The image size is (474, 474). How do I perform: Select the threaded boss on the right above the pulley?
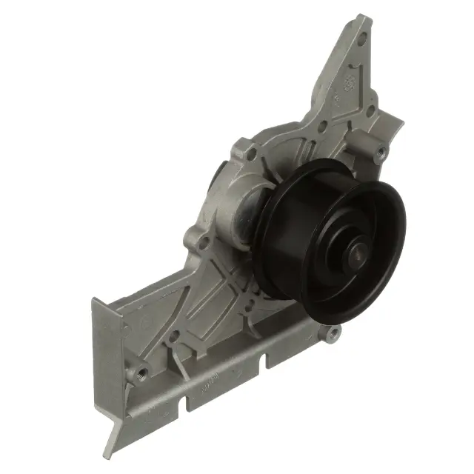click(381, 154)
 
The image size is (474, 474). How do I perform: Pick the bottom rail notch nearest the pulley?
click(263, 361)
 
